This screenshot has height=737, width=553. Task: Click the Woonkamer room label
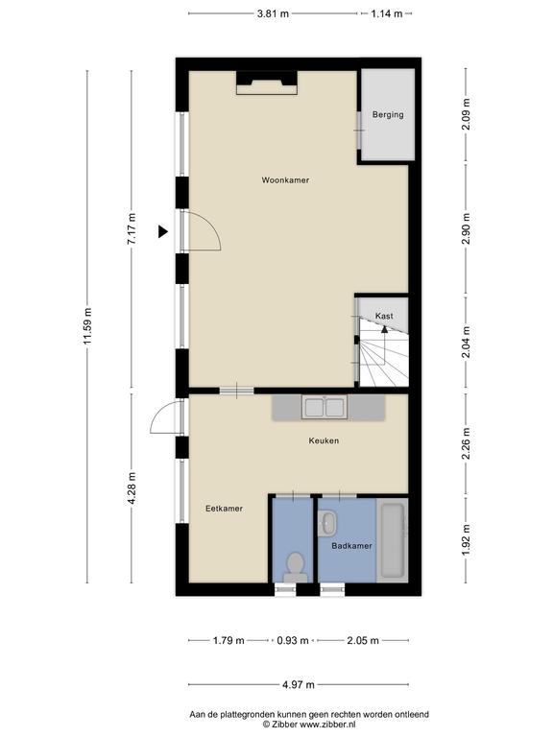coord(285,180)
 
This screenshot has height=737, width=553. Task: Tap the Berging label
coord(388,114)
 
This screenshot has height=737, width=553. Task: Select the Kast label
coord(384,316)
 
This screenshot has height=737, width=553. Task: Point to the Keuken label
coord(324,440)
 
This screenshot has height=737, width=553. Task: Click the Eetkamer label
coord(225,508)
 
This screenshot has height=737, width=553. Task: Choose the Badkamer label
coord(351,546)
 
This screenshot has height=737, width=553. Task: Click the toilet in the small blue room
coord(296,568)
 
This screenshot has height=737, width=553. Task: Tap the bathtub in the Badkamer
coord(393,540)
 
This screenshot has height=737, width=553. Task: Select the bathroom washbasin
coord(327,524)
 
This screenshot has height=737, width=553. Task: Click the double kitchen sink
coord(325,407)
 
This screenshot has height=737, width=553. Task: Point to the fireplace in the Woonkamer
coord(267,83)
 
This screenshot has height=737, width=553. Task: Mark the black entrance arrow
coord(162,231)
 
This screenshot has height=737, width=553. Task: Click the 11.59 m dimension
coord(87,326)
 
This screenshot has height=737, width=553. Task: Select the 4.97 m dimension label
coord(299,684)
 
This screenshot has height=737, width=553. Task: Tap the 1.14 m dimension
coord(387,13)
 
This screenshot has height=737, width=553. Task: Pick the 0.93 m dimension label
coord(293,640)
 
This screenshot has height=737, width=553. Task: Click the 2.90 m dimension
coord(466,228)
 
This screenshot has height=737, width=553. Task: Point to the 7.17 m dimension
coord(132,228)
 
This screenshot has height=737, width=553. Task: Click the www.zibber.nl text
coord(327,725)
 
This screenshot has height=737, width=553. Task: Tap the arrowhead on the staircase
coord(385,329)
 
